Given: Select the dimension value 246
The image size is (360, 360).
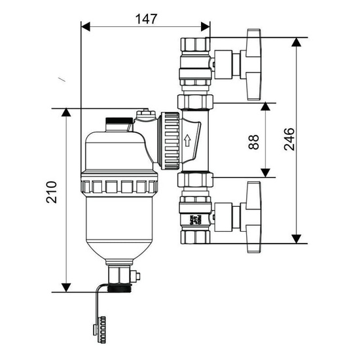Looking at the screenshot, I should [289, 139].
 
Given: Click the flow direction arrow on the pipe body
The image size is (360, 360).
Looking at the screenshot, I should [189, 140].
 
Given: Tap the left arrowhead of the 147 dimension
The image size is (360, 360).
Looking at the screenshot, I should [86, 27].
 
